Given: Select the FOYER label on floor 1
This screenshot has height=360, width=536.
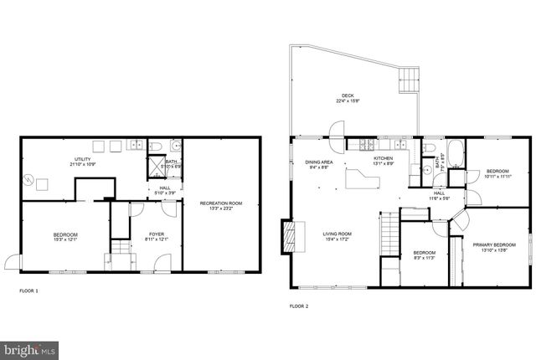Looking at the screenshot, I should (x=157, y=234).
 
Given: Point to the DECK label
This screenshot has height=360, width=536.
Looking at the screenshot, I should (x=345, y=95).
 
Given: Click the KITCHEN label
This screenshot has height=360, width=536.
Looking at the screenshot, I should (x=383, y=157).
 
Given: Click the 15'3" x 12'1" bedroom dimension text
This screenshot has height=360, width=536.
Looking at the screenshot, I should (x=65, y=239).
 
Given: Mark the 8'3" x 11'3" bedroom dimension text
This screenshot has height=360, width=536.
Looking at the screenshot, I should (x=425, y=258).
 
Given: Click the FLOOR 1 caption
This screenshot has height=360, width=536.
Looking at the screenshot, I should (x=28, y=291).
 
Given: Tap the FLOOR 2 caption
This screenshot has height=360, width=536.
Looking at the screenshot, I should (x=299, y=306).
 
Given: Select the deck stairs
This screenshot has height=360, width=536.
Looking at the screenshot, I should (x=407, y=81).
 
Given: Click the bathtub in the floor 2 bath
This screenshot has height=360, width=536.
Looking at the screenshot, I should (x=456, y=154).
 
